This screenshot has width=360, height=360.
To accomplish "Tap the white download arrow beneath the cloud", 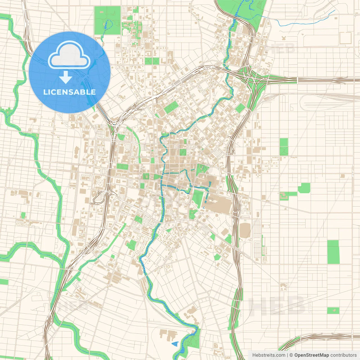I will [x=66, y=77].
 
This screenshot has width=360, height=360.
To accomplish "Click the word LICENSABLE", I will [x=69, y=92].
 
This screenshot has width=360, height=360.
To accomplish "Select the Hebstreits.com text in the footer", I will [x=269, y=355].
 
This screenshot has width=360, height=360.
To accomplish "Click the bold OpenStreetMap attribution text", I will [x=312, y=355].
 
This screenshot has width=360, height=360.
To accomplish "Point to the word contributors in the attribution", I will [x=343, y=355].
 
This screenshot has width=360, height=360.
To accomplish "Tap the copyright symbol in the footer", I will [x=291, y=355].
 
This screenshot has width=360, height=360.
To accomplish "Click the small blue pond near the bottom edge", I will [x=175, y=343].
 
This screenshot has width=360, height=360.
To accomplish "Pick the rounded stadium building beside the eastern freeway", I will [x=245, y=230].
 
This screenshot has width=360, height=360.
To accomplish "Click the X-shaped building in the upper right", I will [x=283, y=38].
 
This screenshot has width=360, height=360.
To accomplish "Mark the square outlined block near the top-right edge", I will [x=346, y=38].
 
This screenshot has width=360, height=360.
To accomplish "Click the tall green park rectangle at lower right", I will [x=333, y=252].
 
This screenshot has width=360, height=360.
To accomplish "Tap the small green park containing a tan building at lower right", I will [x=333, y=310].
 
